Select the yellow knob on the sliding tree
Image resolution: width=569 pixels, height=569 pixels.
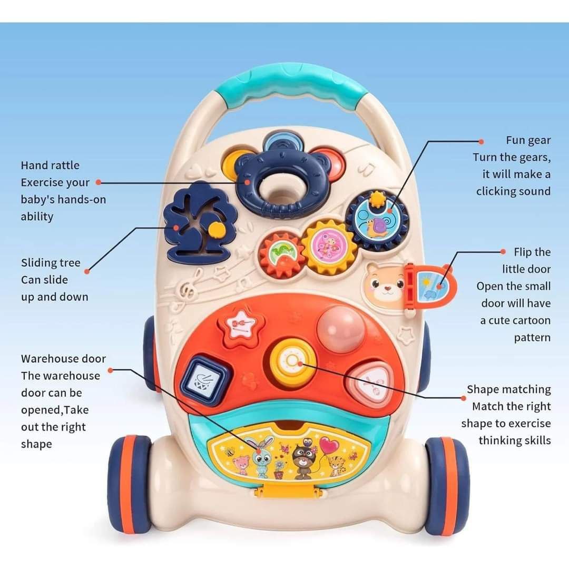point(215,229)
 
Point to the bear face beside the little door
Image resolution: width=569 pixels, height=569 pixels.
point(384,287)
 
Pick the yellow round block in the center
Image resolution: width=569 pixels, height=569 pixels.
point(290,362)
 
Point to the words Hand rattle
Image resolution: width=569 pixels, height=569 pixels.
point(50,165)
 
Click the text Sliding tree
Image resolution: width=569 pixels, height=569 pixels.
point(51,263)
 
